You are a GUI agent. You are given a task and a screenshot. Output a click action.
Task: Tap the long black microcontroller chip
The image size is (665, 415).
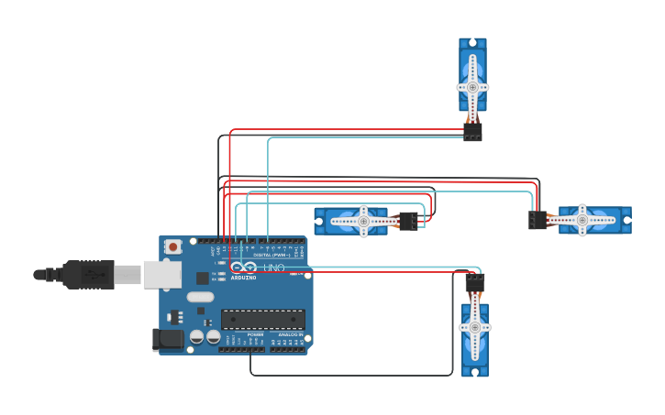262,319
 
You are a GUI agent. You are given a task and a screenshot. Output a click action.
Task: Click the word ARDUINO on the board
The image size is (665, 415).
244,277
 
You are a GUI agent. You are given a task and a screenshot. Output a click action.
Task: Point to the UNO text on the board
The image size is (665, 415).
274,268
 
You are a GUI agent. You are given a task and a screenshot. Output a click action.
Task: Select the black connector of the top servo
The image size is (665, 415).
472,133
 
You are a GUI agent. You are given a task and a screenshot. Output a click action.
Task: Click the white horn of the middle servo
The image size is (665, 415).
363,221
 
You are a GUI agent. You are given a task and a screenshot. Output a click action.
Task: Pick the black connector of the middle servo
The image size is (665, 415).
408,221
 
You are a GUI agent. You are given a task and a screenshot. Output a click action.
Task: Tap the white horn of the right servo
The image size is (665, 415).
582,219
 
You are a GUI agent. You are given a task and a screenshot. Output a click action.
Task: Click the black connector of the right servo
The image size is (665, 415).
538,220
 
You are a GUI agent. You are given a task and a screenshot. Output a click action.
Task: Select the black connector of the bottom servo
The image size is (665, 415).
474,282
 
